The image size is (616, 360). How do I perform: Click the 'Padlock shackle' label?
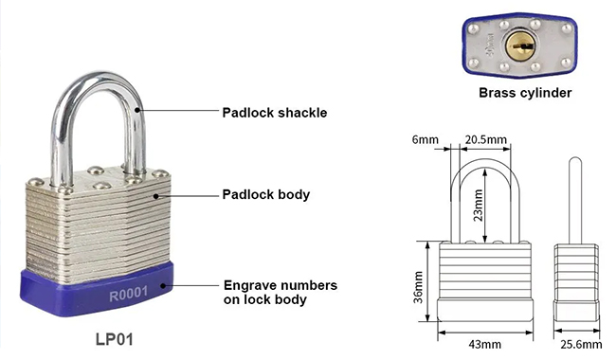[274, 112]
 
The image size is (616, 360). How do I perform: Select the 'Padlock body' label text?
[266, 195]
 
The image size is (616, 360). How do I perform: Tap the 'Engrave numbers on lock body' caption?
[280, 292]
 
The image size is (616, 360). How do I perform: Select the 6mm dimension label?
[426, 140]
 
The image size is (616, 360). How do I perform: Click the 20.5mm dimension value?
[483, 140]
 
